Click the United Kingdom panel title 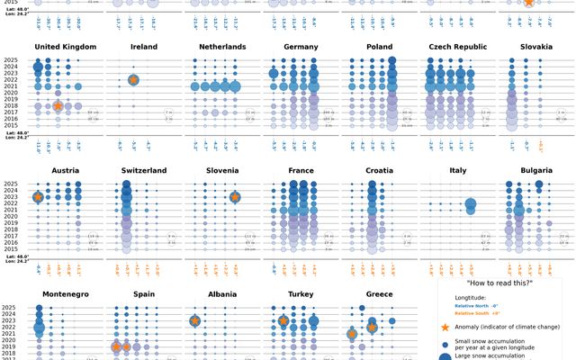click(x=66, y=47)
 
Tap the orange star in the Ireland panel click(x=133, y=80)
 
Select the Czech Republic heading click(x=458, y=47)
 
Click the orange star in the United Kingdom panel click(x=58, y=106)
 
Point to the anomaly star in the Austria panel click(x=38, y=197)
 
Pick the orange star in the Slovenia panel click(x=235, y=197)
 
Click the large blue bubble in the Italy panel click(x=471, y=206)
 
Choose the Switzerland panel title click(x=143, y=170)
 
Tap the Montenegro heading click(x=66, y=293)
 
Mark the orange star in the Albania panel click(x=195, y=320)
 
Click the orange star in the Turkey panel click(x=283, y=320)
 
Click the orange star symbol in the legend click(x=445, y=328)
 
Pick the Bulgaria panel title click(x=536, y=170)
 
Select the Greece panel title click(x=380, y=293)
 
